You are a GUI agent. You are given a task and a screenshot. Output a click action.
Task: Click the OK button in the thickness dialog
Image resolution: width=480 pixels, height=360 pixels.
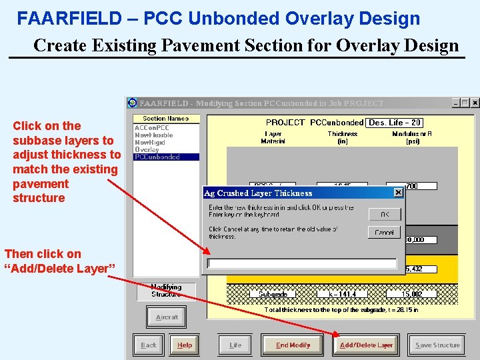[385, 214]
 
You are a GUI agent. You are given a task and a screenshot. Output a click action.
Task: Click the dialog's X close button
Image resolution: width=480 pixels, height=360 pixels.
[398, 193]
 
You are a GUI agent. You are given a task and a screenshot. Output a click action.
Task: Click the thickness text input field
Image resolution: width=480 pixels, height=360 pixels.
[302, 263]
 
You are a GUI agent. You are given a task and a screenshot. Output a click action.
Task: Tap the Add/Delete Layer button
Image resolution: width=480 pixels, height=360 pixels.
[366, 345]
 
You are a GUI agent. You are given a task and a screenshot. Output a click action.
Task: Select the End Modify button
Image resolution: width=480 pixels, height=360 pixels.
[293, 345]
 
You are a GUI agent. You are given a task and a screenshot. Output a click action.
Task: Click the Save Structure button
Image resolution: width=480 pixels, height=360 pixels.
[437, 345]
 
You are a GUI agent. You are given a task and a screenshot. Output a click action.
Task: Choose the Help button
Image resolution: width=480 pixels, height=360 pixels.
[185, 345]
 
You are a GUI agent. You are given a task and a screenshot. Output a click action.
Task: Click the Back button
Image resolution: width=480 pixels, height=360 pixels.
[148, 345]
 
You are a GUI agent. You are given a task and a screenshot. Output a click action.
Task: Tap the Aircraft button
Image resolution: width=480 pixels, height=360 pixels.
[167, 317]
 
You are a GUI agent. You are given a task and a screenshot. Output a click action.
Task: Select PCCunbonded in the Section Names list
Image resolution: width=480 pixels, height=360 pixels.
[157, 157]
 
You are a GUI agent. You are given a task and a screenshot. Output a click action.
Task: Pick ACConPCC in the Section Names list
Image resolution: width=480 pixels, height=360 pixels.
[151, 127]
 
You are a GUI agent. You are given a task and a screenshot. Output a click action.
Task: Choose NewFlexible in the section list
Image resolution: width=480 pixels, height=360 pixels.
[153, 135]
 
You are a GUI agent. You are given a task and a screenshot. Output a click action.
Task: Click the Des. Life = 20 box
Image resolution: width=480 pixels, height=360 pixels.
[395, 123]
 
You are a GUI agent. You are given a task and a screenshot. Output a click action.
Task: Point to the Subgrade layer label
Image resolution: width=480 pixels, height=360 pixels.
[273, 294]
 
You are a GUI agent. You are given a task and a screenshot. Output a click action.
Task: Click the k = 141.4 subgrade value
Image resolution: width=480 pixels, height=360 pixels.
[342, 294]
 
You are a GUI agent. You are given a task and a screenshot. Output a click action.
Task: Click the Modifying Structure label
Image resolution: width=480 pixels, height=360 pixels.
[166, 291]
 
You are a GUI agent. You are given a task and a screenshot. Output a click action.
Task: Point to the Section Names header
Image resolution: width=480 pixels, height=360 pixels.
[166, 119]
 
